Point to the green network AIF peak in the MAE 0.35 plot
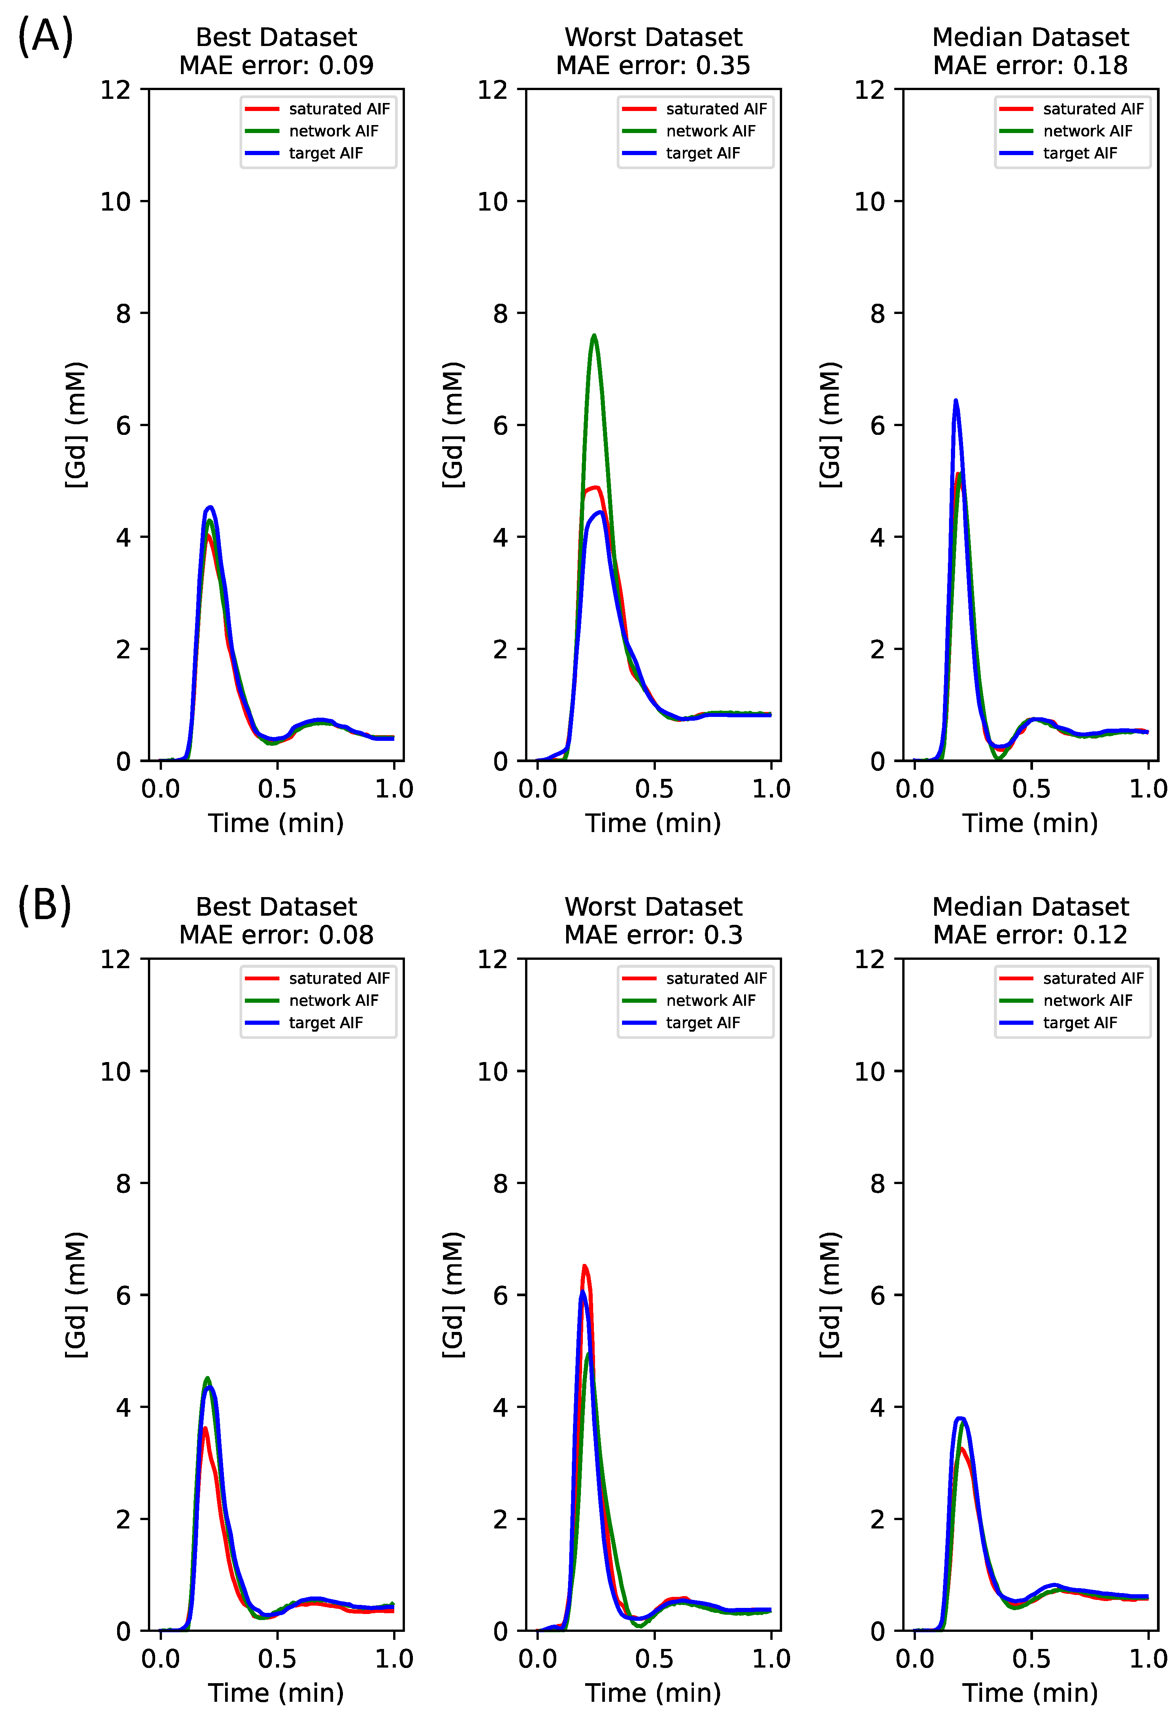pyautogui.click(x=594, y=336)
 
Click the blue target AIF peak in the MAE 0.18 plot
pyautogui.click(x=956, y=401)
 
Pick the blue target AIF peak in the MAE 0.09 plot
pyautogui.click(x=211, y=507)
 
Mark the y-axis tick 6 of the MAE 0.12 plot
pyautogui.click(x=878, y=1295)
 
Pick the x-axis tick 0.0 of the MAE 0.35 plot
pyautogui.click(x=537, y=789)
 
